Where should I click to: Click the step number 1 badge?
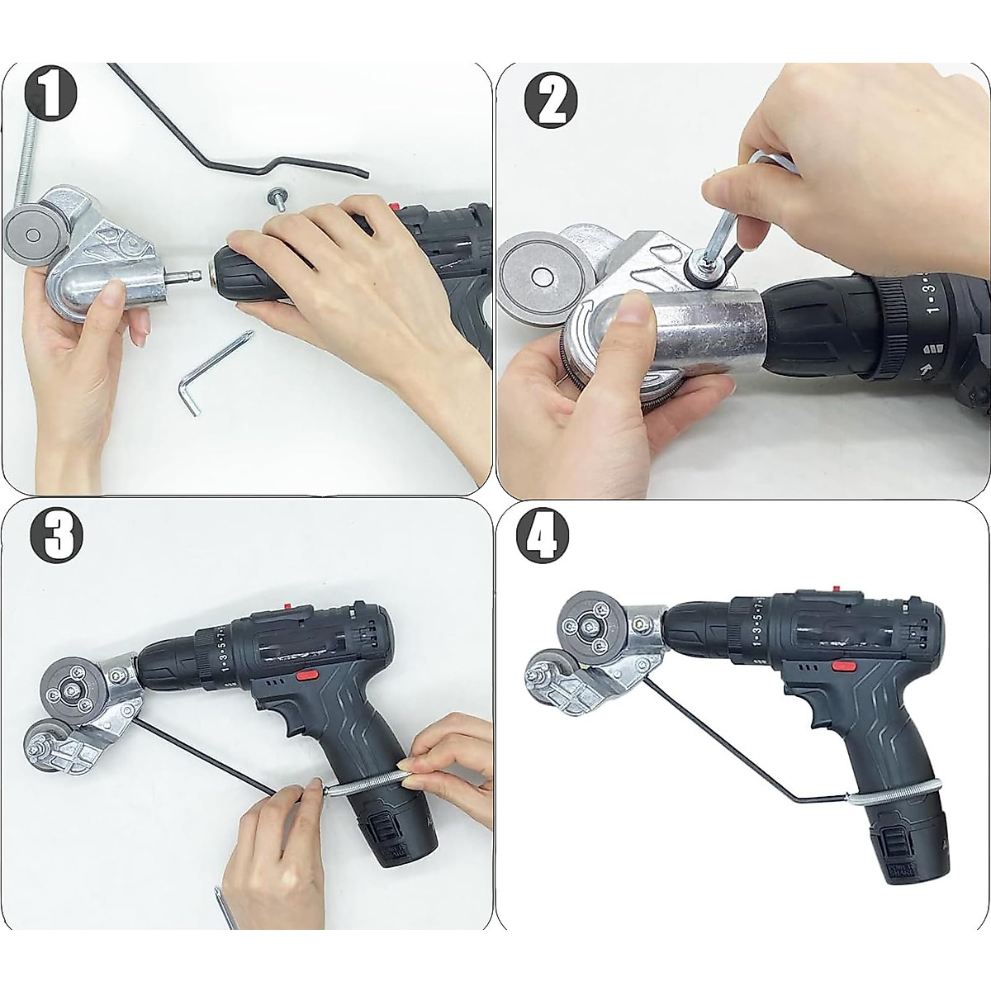pyautogui.click(x=51, y=97)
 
